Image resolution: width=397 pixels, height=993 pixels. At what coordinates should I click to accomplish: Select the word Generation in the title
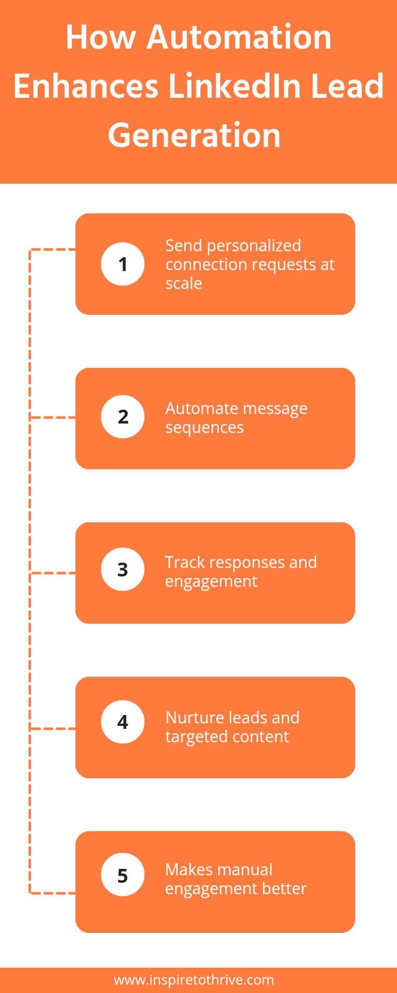coord(194,136)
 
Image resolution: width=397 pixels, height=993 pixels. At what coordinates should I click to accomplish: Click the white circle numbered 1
coord(123,264)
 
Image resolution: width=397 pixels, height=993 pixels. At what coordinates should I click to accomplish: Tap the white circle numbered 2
coord(123,417)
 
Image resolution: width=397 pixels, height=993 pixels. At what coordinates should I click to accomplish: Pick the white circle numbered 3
coord(123,569)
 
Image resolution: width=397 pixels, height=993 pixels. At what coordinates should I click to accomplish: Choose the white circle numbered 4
coord(123,722)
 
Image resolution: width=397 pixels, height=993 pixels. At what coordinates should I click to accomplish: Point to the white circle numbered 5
coord(123,875)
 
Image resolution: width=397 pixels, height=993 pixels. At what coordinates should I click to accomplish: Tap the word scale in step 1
coord(184,284)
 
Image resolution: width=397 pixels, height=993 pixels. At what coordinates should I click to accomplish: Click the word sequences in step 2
coord(204,427)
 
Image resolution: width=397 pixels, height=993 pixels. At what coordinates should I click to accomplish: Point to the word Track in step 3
coord(184,563)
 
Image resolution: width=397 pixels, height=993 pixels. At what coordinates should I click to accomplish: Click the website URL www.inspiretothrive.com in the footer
coord(194,980)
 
